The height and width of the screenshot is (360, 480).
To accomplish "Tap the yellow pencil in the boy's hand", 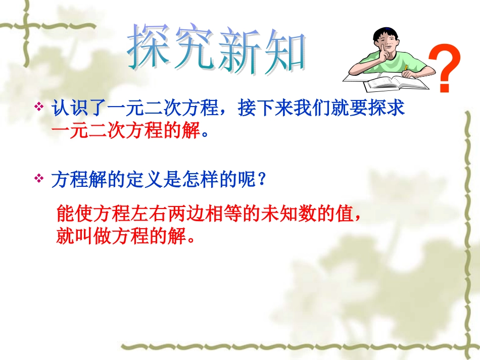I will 405,69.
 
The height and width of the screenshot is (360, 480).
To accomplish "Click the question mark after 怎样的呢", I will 262,180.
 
